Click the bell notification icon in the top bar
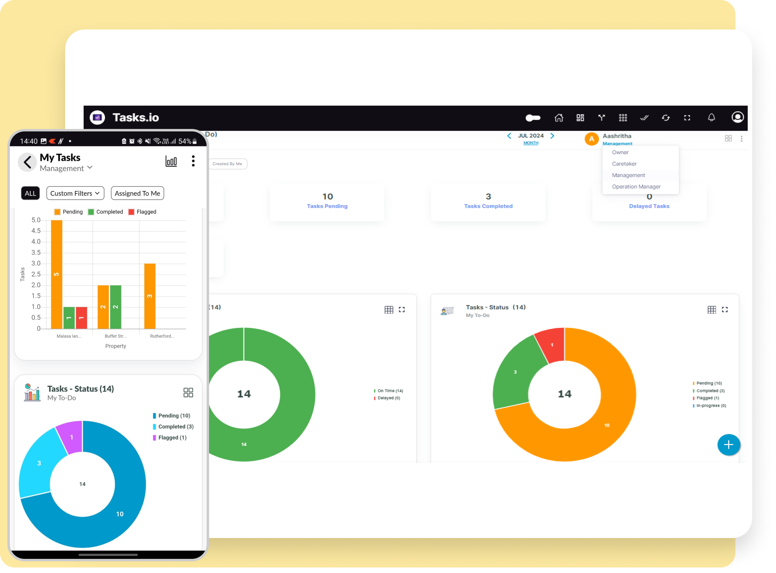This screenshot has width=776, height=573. point(711,118)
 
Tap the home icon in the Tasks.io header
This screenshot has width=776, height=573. point(558,118)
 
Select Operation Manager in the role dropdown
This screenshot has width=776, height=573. point(636,187)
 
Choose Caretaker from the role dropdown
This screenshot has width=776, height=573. point(624,164)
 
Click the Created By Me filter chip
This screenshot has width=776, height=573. point(228,164)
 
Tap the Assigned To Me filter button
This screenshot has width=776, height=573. point(137,193)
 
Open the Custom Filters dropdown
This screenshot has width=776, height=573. point(75,193)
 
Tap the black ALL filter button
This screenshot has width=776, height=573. point(30,193)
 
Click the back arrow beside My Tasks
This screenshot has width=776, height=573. point(27,162)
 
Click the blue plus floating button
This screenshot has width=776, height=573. point(728,444)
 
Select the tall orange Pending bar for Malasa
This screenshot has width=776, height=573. point(57,274)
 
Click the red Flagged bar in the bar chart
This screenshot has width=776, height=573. point(81,318)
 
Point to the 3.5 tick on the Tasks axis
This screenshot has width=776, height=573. point(36,252)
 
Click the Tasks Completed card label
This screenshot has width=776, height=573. point(488,206)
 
